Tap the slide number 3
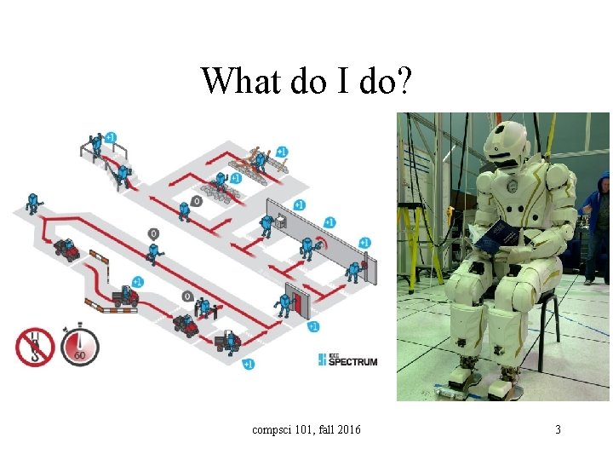[x=558, y=429]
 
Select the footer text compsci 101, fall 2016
[x=306, y=429]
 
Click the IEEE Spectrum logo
[x=347, y=360]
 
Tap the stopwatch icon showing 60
[x=80, y=347]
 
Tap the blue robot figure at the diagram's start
[x=33, y=203]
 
